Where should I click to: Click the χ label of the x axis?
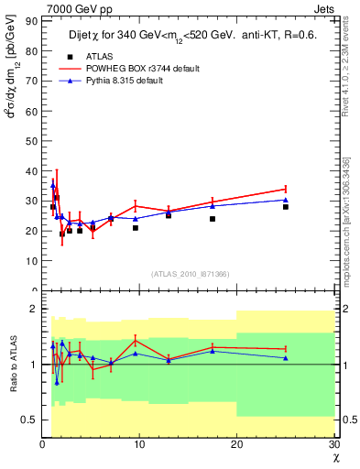pos(333,456)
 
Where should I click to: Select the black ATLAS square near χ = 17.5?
pos(213,219)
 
